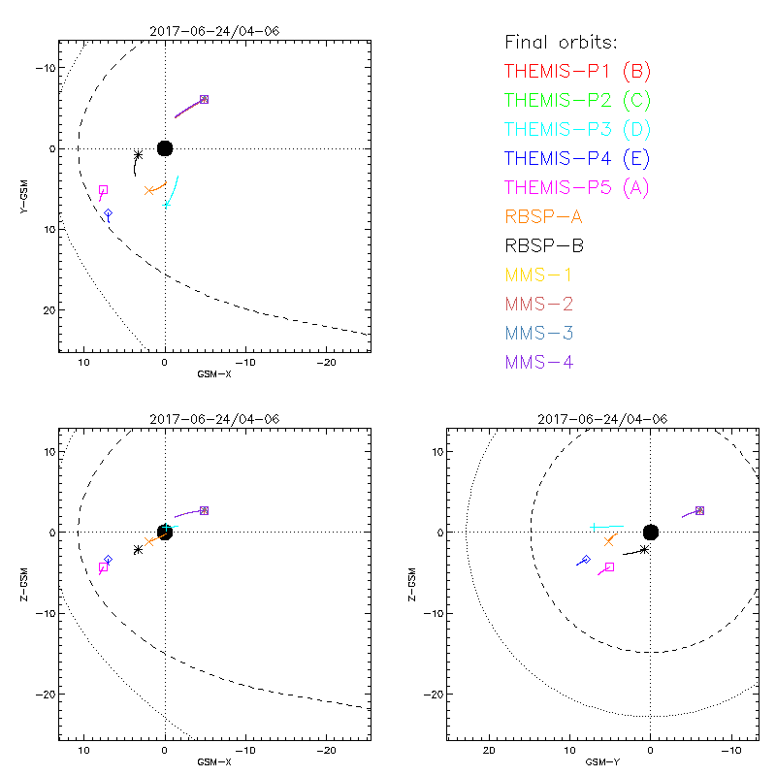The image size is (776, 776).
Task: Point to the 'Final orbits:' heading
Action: click(561, 42)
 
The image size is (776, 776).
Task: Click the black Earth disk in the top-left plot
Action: click(165, 148)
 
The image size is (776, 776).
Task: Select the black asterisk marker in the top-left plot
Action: click(138, 155)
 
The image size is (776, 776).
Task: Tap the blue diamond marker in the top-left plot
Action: click(108, 212)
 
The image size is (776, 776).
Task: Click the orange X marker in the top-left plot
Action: click(148, 190)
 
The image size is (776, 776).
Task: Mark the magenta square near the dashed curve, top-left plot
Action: click(103, 190)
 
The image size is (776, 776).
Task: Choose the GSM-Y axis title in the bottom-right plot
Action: click(597, 761)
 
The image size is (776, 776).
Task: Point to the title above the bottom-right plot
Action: click(598, 418)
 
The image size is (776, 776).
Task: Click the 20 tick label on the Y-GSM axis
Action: click(43, 310)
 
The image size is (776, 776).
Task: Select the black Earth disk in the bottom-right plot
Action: click(651, 532)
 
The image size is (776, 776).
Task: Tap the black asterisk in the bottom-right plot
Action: click(644, 549)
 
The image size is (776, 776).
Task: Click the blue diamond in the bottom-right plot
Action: click(585, 560)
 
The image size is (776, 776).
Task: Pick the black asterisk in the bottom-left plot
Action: click(138, 549)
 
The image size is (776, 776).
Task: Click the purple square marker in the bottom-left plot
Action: click(204, 510)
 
